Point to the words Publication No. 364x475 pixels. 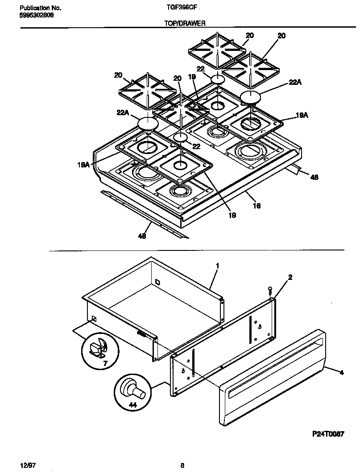pyautogui.click(x=41, y=8)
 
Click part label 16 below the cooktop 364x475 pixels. pyautogui.click(x=257, y=206)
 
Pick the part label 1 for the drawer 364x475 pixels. pyautogui.click(x=217, y=266)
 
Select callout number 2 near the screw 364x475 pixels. pyautogui.click(x=290, y=277)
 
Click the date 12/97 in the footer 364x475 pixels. pyautogui.click(x=28, y=465)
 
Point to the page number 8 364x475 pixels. pyautogui.click(x=182, y=465)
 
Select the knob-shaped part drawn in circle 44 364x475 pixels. pyautogui.click(x=133, y=389)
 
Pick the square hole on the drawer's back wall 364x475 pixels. pyautogui.click(x=157, y=281)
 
